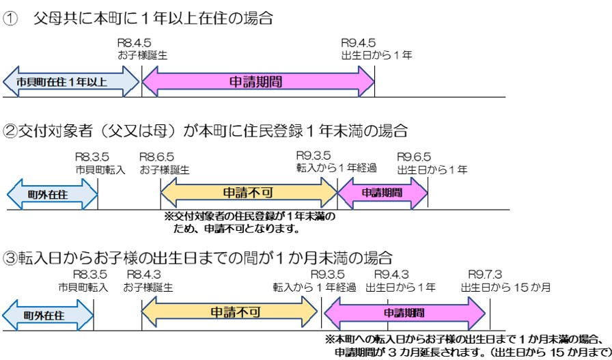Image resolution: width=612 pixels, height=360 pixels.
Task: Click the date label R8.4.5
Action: coord(134,42)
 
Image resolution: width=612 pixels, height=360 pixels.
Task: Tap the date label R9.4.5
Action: coord(358,42)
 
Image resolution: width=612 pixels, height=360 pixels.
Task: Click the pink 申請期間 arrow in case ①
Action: coord(258,82)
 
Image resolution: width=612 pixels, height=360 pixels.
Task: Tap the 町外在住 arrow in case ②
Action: coord(52,195)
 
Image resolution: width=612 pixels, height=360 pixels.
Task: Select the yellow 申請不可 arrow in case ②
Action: coord(249,194)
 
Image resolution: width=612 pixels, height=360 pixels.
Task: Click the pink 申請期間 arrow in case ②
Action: coord(382,194)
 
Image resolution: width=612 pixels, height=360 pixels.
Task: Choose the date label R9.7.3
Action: coord(484,275)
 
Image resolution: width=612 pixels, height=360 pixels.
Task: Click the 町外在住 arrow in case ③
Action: coord(47,315)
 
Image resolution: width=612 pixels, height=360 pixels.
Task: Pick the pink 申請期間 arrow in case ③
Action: coord(404,314)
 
